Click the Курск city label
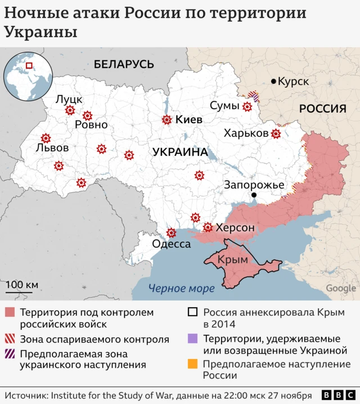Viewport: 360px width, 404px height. pyautogui.click(x=294, y=82)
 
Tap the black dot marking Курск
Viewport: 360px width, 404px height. pyautogui.click(x=274, y=82)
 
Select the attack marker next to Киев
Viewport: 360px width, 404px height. pyautogui.click(x=166, y=120)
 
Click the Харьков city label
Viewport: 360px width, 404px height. pyautogui.click(x=246, y=133)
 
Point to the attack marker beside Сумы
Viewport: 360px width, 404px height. pyautogui.click(x=247, y=106)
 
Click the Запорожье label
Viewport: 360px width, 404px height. pyautogui.click(x=254, y=185)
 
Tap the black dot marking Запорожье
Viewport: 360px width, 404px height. pyautogui.click(x=254, y=195)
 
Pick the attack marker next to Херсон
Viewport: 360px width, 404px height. pyautogui.click(x=208, y=227)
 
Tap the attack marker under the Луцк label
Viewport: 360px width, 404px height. pyautogui.click(x=70, y=110)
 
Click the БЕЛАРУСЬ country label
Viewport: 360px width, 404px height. pyautogui.click(x=124, y=64)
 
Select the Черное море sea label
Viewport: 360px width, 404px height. pyautogui.click(x=181, y=289)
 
